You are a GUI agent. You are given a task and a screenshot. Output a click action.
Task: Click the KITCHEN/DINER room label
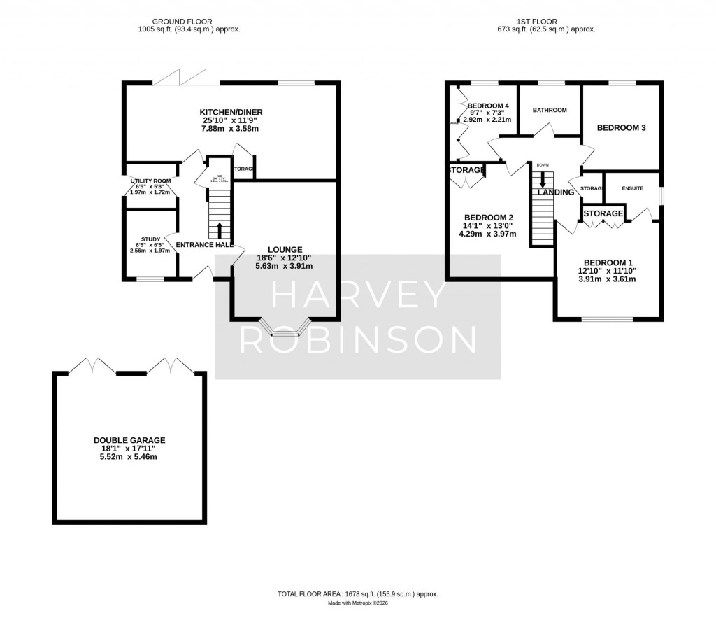pyautogui.click(x=231, y=112)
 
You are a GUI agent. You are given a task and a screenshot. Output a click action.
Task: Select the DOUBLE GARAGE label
pyautogui.click(x=129, y=440)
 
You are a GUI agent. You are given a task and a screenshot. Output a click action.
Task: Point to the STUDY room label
pyautogui.click(x=150, y=238)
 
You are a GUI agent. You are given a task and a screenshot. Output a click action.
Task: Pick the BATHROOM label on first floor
pyautogui.click(x=550, y=110)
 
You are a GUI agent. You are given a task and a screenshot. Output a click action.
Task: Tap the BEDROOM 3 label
pyautogui.click(x=620, y=127)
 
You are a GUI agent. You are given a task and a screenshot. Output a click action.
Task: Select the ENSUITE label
pyautogui.click(x=631, y=188)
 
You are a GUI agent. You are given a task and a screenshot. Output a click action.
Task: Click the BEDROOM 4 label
pyautogui.click(x=488, y=106)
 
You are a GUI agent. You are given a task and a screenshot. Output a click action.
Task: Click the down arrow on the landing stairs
pyautogui.click(x=543, y=181)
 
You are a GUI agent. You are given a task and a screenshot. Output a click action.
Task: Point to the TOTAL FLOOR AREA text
pyautogui.click(x=358, y=593)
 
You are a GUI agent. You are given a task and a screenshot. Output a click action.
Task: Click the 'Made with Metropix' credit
pyautogui.click(x=358, y=603)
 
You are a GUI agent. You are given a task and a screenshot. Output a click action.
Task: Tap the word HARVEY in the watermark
pyautogui.click(x=358, y=295)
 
